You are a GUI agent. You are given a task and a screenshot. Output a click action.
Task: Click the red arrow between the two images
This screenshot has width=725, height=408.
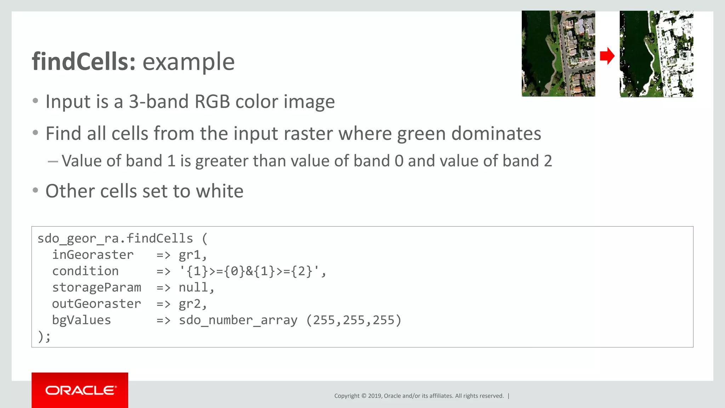607,56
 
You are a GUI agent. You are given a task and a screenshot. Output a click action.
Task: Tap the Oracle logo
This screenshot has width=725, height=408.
80,390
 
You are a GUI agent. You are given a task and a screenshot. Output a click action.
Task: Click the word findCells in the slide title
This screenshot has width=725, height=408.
84,62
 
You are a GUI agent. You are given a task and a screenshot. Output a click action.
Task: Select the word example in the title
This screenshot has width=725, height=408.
188,62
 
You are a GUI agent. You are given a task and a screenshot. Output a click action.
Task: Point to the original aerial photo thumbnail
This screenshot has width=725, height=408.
558,53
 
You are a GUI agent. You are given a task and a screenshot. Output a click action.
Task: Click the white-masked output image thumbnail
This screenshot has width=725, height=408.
656,54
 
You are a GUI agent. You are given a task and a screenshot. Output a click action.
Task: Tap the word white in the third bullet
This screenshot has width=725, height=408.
219,191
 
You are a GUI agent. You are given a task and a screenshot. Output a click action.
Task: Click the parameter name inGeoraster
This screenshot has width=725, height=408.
93,255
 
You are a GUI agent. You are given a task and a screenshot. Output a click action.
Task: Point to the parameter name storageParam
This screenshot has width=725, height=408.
96,288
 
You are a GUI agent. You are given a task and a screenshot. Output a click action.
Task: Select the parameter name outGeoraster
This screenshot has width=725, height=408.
96,304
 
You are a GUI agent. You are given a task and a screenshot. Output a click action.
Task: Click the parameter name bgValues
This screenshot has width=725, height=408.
81,320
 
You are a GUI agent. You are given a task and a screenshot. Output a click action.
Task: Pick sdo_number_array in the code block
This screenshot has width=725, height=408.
238,320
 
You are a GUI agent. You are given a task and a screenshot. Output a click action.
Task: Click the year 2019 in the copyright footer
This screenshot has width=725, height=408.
375,396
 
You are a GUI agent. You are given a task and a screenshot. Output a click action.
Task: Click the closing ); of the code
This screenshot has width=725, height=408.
44,336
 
